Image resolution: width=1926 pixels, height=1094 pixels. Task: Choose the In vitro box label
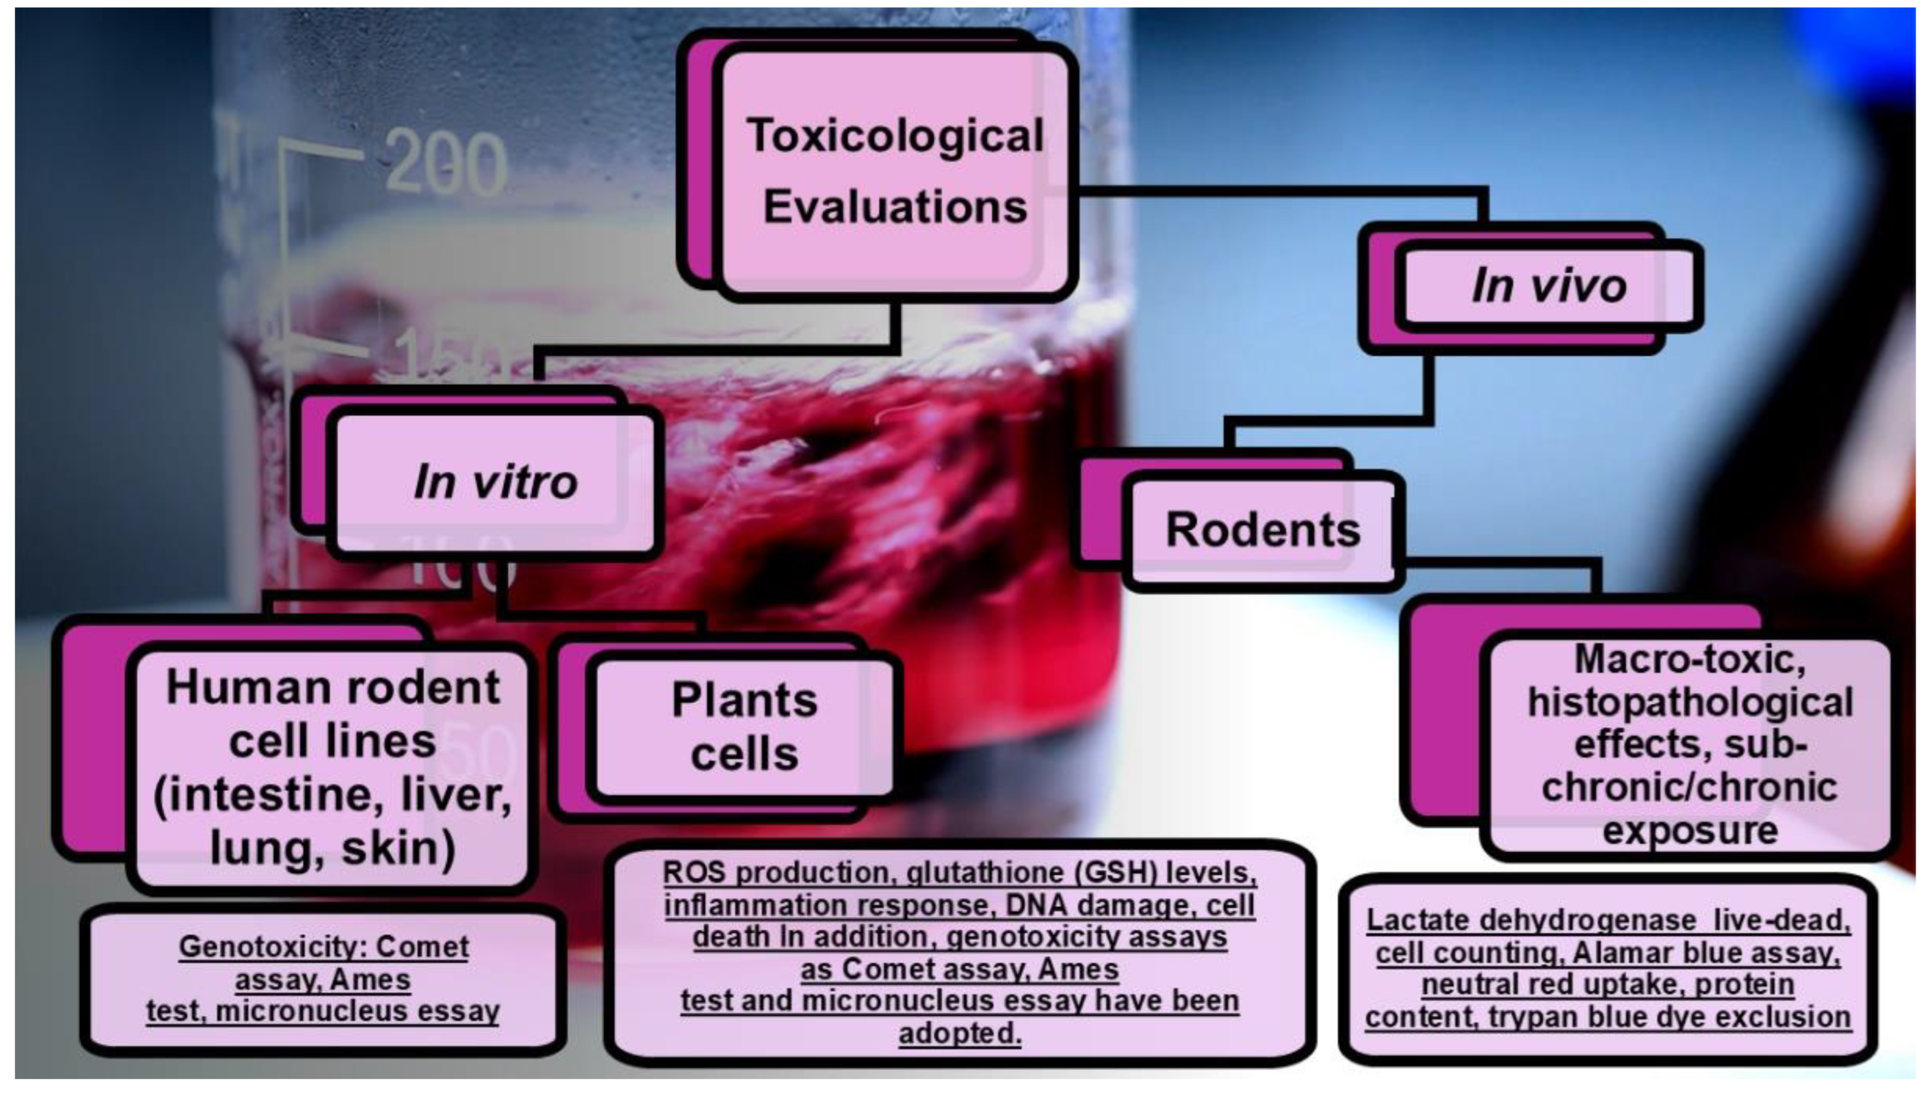click(496, 482)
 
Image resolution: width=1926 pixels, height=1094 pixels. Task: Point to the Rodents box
click(1263, 529)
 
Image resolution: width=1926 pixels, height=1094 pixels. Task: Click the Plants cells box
click(744, 727)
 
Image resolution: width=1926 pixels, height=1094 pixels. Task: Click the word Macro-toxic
click(1689, 660)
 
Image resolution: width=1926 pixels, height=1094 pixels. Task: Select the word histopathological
click(1690, 703)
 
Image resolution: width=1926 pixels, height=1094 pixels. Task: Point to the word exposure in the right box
click(1689, 831)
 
